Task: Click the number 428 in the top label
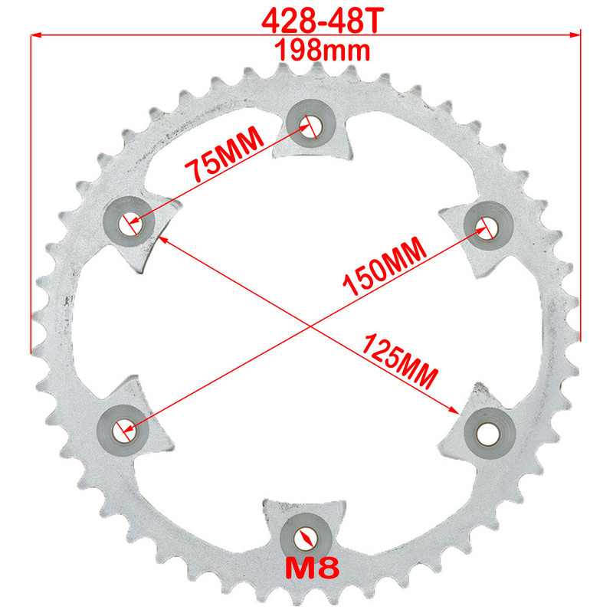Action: tap(285, 21)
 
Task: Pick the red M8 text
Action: tap(310, 568)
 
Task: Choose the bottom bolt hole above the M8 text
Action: tap(306, 536)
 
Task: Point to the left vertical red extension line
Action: tap(31, 192)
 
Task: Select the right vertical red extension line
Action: tap(582, 192)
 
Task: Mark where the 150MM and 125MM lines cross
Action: tap(307, 326)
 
